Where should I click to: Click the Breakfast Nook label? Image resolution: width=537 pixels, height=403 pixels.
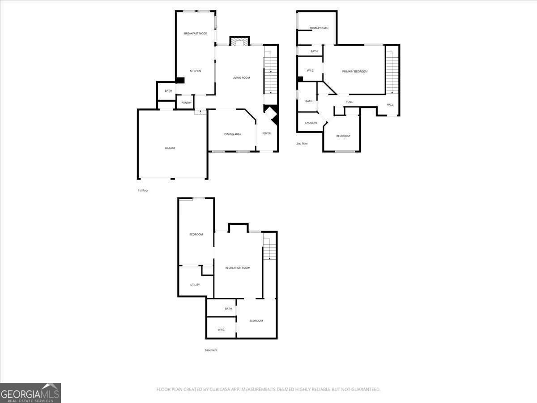click(x=196, y=33)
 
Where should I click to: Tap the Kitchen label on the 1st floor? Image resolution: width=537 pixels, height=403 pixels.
click(x=195, y=71)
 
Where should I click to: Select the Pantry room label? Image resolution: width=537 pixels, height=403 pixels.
click(x=187, y=103)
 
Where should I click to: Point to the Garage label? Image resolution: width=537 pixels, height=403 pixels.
click(x=170, y=148)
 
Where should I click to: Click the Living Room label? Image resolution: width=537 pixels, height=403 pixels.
click(x=241, y=78)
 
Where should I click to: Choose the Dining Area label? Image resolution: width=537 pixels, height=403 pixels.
click(x=232, y=134)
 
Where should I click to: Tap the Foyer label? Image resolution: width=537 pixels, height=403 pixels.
click(x=266, y=133)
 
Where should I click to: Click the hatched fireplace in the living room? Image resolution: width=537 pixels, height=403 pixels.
click(x=239, y=42)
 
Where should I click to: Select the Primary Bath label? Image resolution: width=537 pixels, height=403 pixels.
click(x=319, y=28)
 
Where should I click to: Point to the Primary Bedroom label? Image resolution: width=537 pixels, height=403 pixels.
click(x=355, y=72)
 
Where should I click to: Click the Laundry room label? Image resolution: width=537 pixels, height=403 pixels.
click(x=311, y=123)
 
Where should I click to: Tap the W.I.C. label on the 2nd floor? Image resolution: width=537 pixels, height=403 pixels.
click(x=311, y=70)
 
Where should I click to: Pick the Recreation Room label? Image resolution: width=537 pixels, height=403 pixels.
click(x=238, y=268)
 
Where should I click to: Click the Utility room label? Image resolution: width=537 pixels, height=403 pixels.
click(x=195, y=285)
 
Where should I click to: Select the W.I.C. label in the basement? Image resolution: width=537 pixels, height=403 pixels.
click(x=222, y=330)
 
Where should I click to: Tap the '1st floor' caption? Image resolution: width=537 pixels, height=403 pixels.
click(x=143, y=190)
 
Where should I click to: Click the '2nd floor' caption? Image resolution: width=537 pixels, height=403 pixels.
click(x=302, y=144)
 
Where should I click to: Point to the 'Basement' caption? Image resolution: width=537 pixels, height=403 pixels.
click(x=211, y=350)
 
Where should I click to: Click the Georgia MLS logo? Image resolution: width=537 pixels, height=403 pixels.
click(x=30, y=393)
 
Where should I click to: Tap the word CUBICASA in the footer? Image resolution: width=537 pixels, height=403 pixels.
click(x=220, y=389)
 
